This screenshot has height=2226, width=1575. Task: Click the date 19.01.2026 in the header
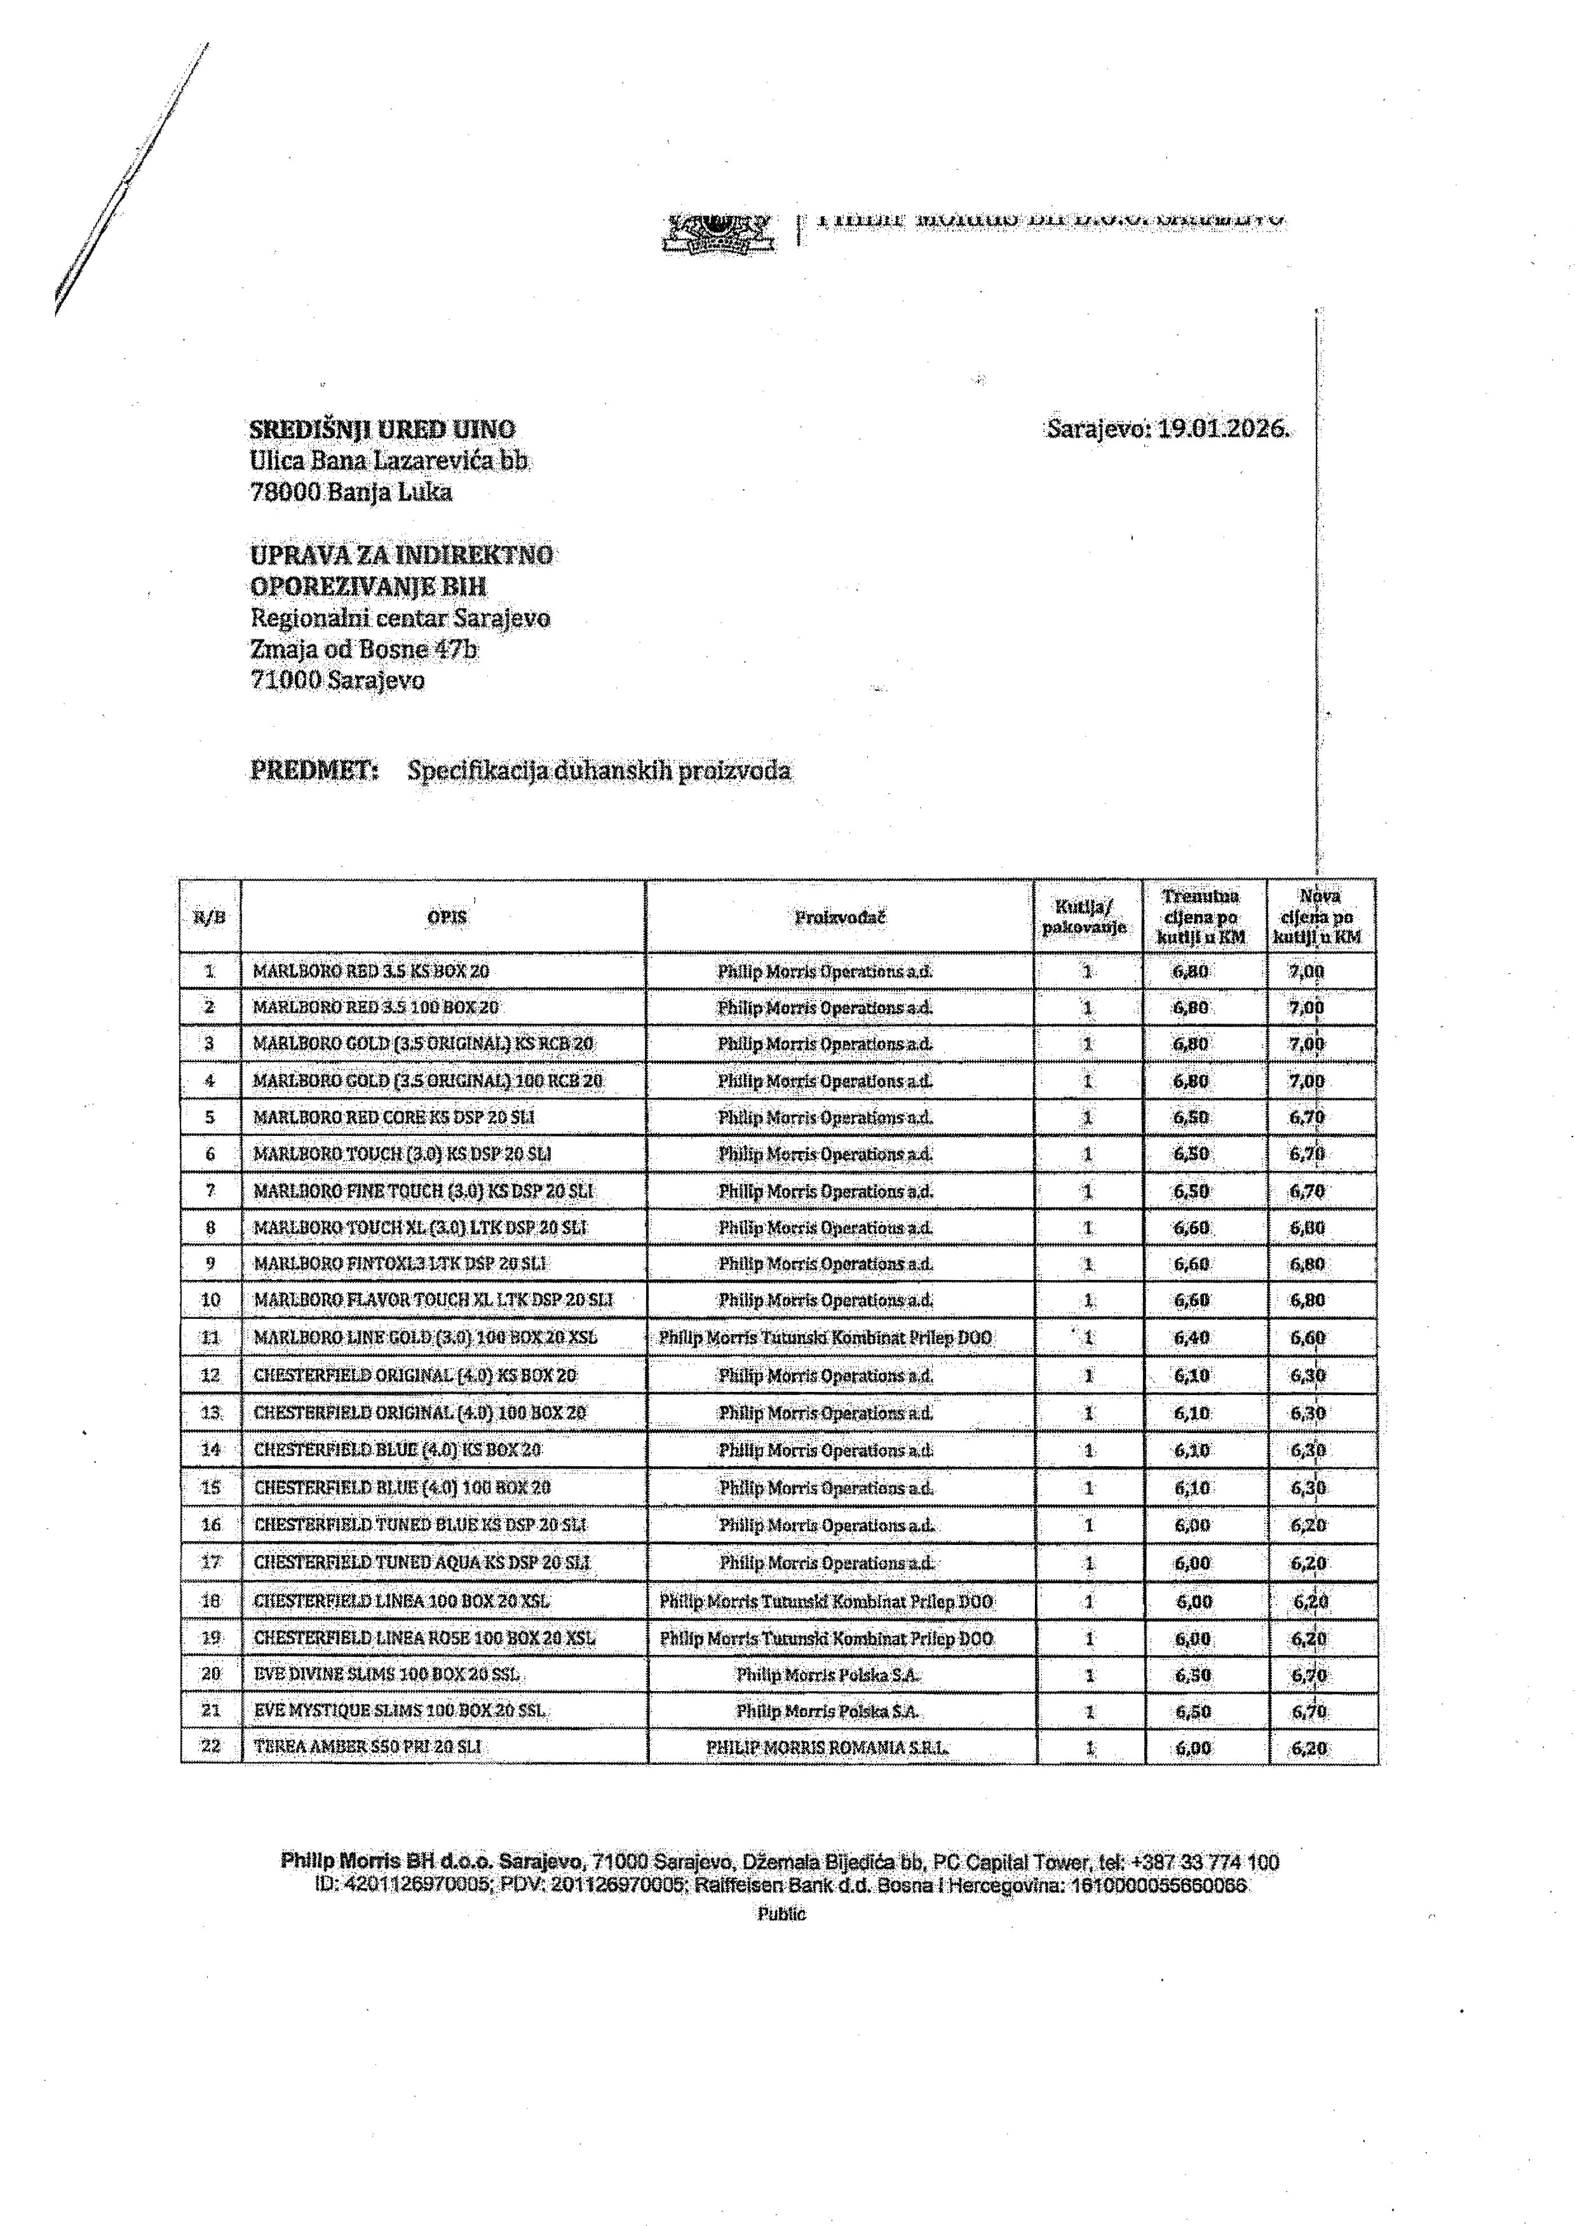[1223, 429]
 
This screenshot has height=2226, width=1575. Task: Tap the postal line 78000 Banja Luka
[351, 492]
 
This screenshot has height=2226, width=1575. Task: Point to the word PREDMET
[313, 770]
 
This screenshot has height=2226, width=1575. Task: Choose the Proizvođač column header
[840, 917]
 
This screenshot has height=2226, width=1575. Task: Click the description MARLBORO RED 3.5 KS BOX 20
[372, 971]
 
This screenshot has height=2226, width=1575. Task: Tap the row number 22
[210, 1746]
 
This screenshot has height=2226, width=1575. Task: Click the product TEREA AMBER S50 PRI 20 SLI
[368, 1746]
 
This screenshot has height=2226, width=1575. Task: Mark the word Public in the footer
[781, 1914]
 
